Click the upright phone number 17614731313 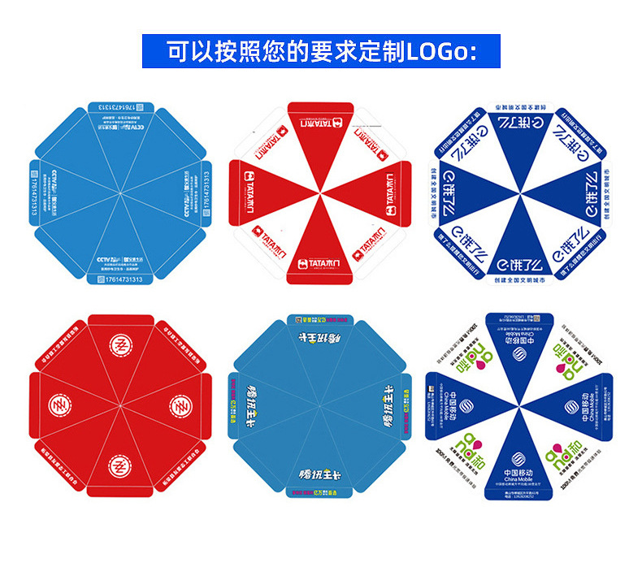point(119,279)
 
